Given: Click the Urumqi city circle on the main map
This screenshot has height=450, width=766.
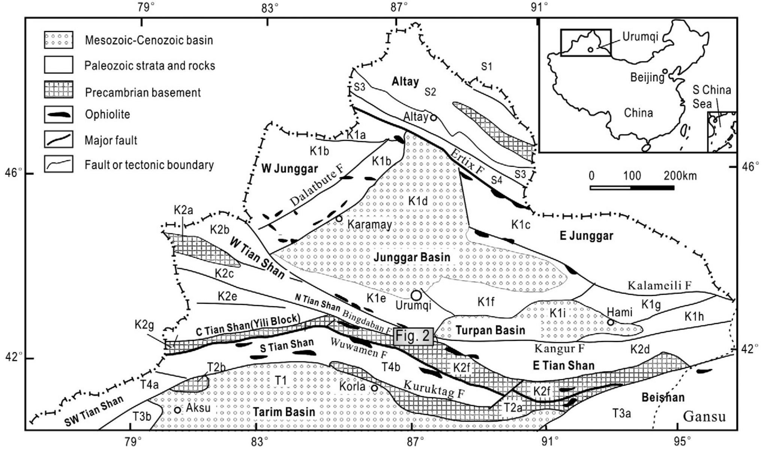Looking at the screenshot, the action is (x=416, y=295).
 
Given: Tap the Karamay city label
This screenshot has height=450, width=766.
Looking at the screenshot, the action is (x=370, y=224).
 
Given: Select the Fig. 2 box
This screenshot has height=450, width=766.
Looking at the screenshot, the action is (x=414, y=336).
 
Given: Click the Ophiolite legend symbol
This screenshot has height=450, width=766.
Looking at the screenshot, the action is (x=58, y=114).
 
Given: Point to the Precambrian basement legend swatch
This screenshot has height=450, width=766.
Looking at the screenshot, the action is (x=58, y=90).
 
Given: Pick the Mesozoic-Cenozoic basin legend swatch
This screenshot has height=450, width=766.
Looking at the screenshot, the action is (x=58, y=40).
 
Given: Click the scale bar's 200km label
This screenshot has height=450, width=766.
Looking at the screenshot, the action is (x=680, y=176).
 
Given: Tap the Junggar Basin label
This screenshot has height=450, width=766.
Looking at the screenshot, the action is (x=412, y=257).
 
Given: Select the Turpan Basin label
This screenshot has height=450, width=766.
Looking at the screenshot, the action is (x=490, y=330).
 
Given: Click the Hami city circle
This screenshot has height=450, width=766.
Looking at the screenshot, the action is (x=611, y=322).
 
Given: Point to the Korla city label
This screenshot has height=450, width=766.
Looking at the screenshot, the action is (x=352, y=386).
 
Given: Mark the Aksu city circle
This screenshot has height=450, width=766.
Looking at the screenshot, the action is (x=178, y=410).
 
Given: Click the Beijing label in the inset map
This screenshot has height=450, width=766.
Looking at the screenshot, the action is (x=647, y=77).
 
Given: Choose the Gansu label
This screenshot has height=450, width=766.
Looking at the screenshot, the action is (x=704, y=416).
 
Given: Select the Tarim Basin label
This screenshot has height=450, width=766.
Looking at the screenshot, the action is (x=284, y=412).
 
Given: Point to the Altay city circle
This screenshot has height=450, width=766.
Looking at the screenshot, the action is (x=433, y=118).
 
